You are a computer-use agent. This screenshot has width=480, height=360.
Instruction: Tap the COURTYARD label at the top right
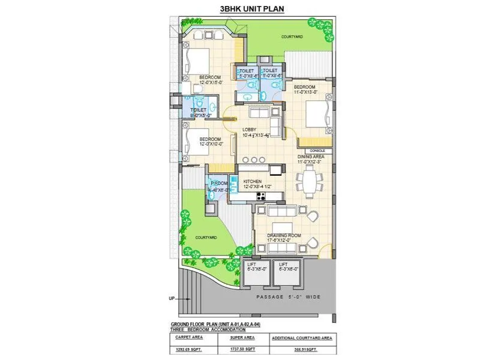(x=292, y=37)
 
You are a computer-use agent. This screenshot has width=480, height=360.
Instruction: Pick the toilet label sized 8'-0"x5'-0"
(x=199, y=113)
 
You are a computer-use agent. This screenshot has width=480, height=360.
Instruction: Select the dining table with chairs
(x=310, y=181)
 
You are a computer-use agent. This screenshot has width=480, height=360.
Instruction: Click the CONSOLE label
(x=318, y=151)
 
